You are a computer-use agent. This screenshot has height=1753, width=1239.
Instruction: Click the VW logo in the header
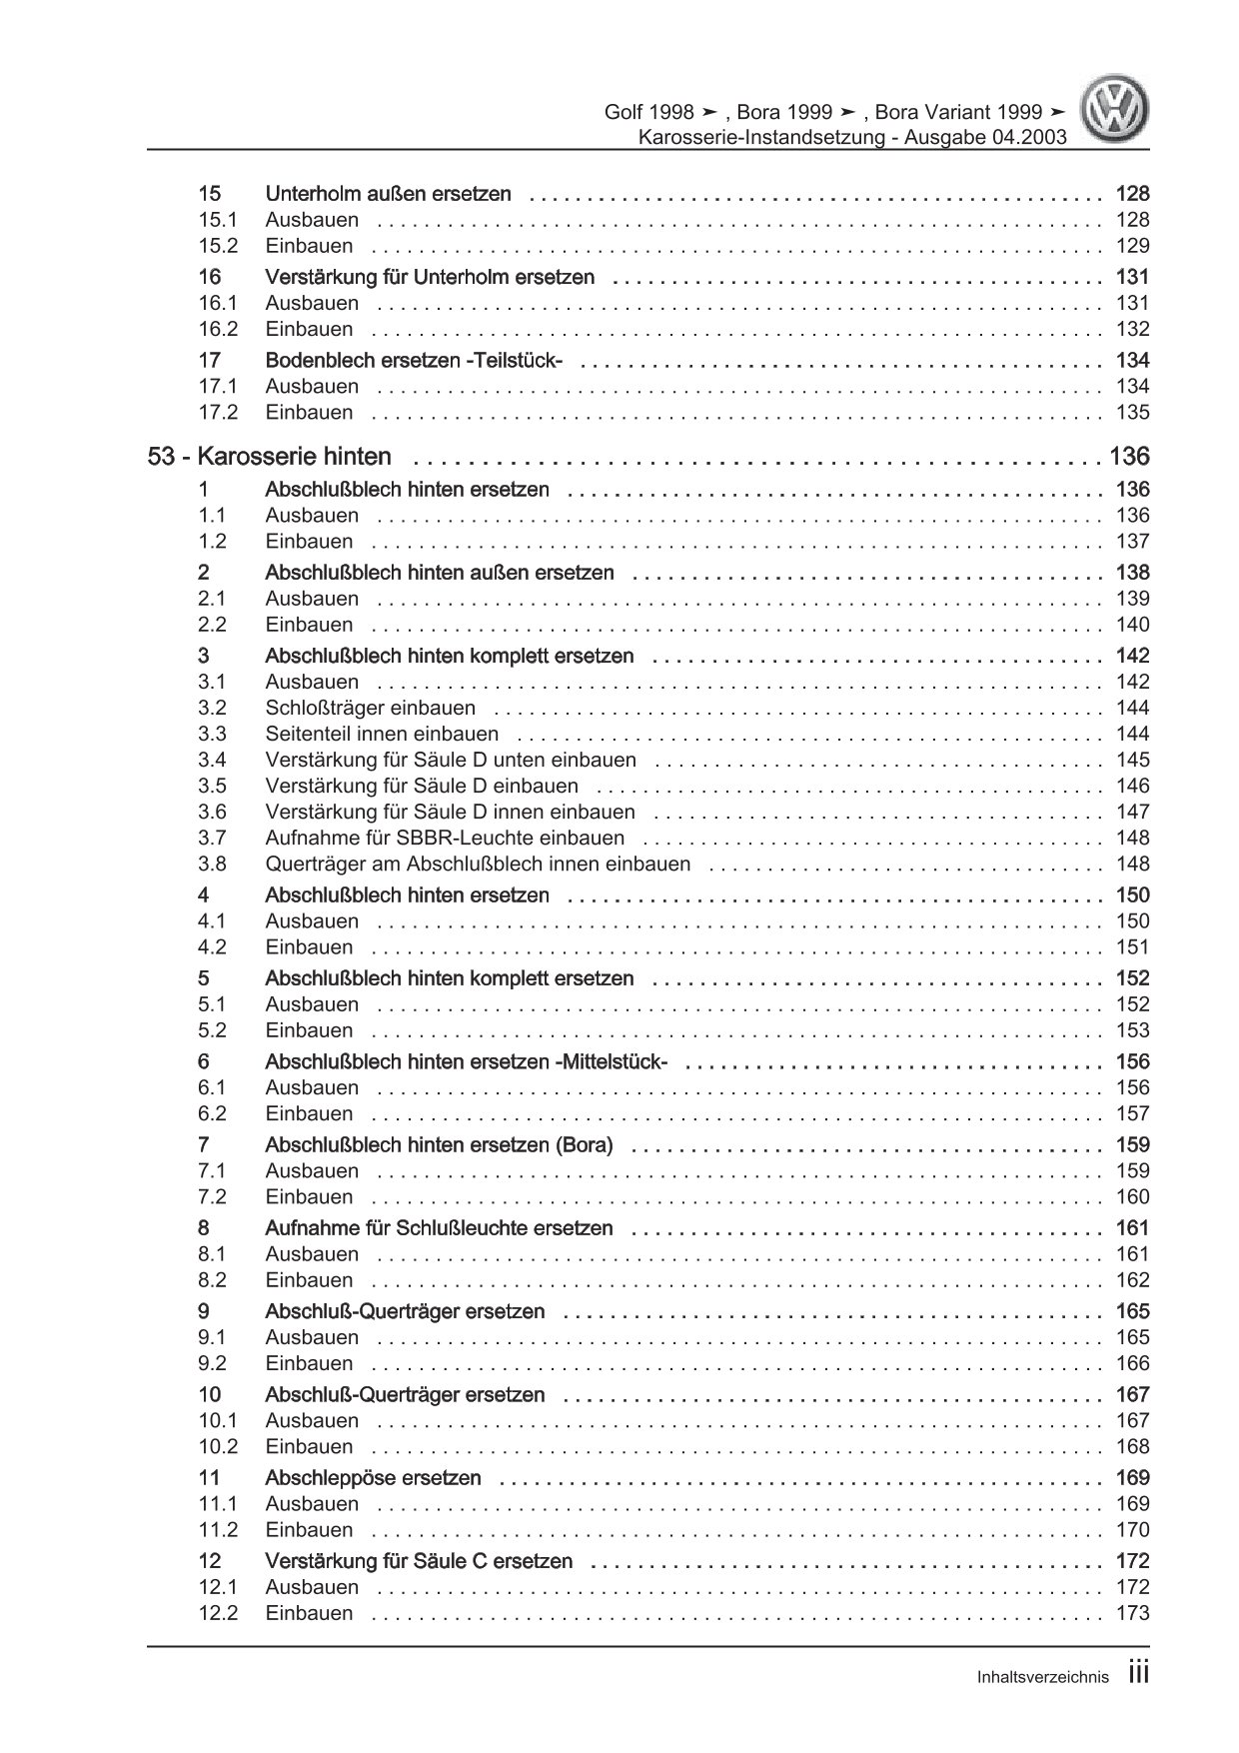coord(1117,111)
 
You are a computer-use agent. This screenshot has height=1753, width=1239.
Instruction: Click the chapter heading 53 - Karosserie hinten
coord(269,457)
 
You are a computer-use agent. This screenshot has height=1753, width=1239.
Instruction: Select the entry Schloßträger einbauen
coord(370,708)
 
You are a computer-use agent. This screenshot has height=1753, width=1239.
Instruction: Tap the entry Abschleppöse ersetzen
coord(373,1477)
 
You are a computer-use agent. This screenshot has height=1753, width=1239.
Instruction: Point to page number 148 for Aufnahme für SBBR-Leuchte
coord(1132,838)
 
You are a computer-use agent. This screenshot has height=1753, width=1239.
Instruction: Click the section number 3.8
coord(212,864)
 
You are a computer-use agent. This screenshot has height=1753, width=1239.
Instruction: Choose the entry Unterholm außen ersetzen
coord(388,194)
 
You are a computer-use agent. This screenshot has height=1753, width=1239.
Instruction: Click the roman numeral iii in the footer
coord(1138,1674)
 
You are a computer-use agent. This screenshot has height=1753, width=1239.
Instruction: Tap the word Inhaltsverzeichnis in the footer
coord(1042,1678)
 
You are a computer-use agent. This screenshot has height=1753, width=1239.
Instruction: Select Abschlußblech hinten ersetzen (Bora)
coord(439,1144)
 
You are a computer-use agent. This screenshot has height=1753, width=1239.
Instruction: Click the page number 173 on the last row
coord(1132,1612)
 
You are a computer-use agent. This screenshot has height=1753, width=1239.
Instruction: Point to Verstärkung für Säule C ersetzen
coord(419,1560)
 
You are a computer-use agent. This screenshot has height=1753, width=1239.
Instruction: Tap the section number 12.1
coord(217,1586)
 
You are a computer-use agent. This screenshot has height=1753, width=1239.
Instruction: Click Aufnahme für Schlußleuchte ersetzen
coord(439,1227)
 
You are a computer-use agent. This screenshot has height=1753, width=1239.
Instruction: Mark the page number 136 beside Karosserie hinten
coord(1128,457)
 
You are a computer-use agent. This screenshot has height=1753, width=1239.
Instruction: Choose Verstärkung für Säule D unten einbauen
coord(450,760)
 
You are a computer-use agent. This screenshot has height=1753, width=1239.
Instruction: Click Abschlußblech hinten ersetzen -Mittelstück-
coord(466,1061)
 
